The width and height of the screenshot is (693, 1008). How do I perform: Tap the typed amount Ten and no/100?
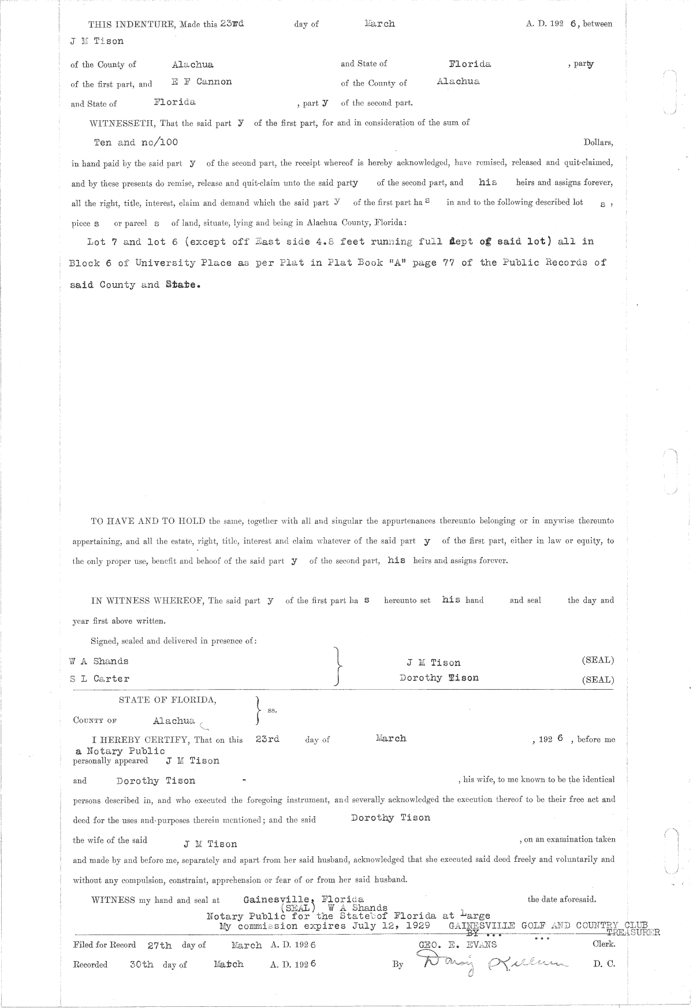click(136, 142)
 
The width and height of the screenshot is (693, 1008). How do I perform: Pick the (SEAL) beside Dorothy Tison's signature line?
click(598, 680)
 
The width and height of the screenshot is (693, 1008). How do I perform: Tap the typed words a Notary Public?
click(120, 751)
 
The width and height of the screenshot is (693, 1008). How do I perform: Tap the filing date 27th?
click(159, 946)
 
